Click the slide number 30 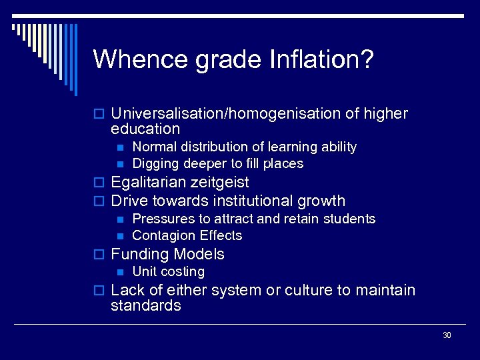pos(447,335)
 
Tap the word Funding pos(140,254)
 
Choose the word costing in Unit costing pos(182,272)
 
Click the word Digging pos(153,164)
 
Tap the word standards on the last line pos(145,306)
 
